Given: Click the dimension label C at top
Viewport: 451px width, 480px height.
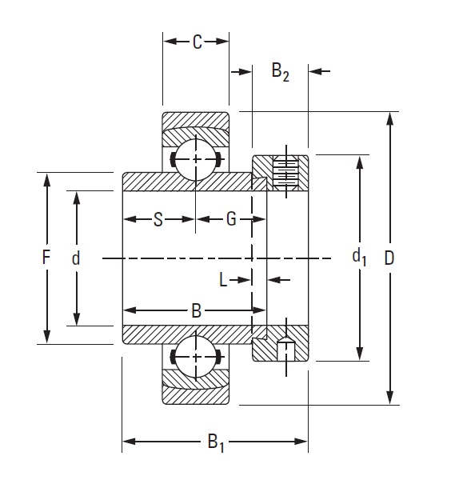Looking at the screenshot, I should tap(197, 42).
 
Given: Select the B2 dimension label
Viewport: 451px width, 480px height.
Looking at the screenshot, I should tap(280, 73).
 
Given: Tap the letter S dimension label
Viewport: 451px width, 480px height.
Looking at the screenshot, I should tap(158, 219).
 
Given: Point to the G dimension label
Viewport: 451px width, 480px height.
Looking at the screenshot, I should tap(231, 219).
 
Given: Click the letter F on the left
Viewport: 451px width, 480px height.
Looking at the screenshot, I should tap(46, 258).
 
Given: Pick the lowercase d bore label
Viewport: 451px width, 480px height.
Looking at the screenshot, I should tap(76, 258).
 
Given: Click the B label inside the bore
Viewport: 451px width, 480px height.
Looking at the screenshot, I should tap(196, 311).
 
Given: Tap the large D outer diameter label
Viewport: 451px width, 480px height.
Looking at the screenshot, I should tap(389, 258).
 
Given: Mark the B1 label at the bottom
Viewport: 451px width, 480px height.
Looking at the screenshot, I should tap(215, 441).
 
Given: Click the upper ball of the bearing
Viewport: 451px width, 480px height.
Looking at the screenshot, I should tap(194, 160).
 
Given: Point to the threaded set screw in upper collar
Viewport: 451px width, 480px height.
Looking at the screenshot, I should tap(285, 172).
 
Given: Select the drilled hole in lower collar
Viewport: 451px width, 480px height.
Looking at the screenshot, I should tap(285, 348).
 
